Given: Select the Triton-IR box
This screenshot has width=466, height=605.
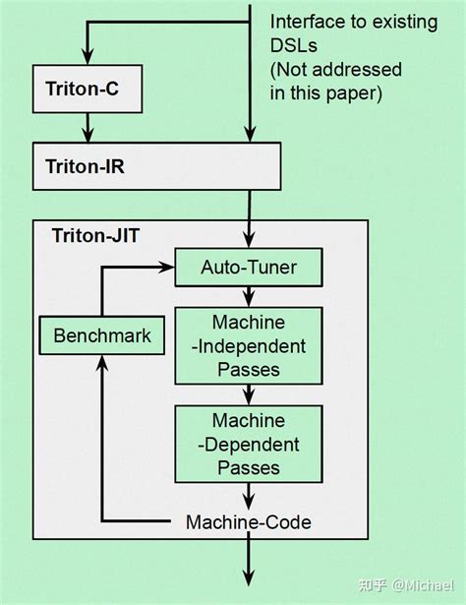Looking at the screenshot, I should [x=157, y=166].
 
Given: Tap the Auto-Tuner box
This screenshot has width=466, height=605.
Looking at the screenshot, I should [x=249, y=267].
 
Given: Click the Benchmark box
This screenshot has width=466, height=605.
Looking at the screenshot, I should [x=102, y=335].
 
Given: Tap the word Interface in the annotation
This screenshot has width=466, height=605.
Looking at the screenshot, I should [x=305, y=23].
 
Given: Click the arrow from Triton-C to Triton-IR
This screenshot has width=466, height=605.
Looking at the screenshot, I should [x=88, y=126].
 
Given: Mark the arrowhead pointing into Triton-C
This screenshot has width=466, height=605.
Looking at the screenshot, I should [x=88, y=60].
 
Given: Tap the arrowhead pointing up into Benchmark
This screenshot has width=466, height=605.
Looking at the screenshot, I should [x=102, y=361].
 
